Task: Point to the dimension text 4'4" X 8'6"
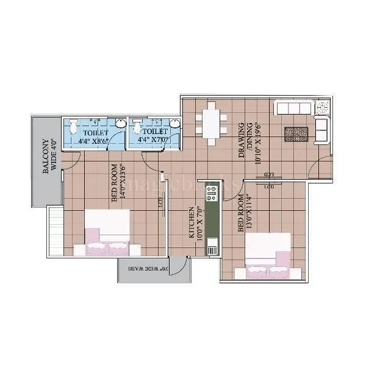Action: pyautogui.click(x=93, y=141)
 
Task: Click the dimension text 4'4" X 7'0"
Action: pyautogui.click(x=153, y=140)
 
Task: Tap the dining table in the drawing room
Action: pyautogui.click(x=211, y=124)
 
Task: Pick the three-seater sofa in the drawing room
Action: pyautogui.click(x=295, y=108)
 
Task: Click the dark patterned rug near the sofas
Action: pyautogui.click(x=296, y=133)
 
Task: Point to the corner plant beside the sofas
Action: pyautogui.click(x=323, y=108)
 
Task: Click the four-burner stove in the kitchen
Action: pyautogui.click(x=212, y=193)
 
